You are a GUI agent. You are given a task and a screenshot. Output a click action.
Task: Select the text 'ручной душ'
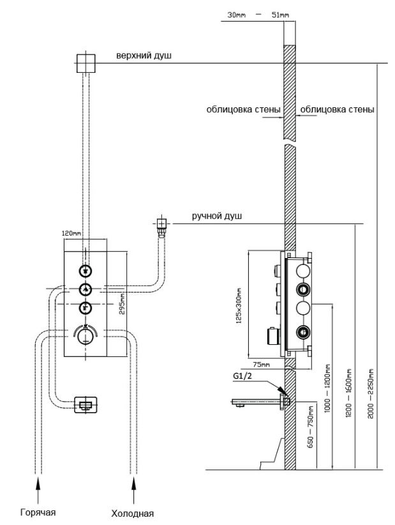coord(217,217)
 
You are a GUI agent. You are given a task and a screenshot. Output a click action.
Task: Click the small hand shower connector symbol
coord(161,224)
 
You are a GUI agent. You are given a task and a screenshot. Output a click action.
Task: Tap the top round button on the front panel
coord(86,270)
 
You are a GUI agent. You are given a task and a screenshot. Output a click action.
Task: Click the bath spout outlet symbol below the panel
coord(85,404)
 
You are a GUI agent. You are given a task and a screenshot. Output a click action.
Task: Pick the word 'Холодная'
coord(133,512)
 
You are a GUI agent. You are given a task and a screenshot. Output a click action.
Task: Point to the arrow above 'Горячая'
coord(38,492)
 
